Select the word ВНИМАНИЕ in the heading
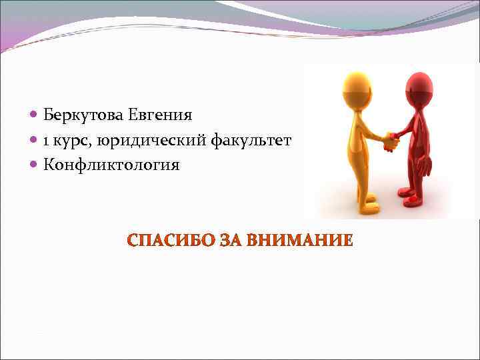click(x=299, y=241)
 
